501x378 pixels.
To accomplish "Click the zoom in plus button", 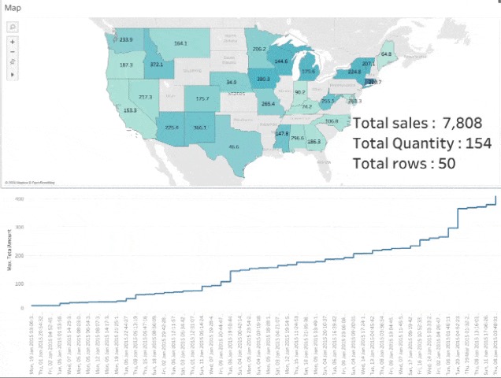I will click(x=13, y=41).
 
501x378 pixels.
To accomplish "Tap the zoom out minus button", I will click(x=13, y=50).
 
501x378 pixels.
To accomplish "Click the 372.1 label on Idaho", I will click(x=157, y=64).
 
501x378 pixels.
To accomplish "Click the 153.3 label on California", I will click(x=131, y=110).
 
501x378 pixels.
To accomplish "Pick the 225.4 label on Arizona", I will click(x=172, y=128).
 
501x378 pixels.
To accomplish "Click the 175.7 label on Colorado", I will click(x=202, y=98).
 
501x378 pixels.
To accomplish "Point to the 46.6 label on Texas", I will click(x=234, y=146).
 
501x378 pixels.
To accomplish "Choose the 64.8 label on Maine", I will click(x=387, y=54).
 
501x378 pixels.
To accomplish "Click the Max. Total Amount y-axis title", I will click(x=10, y=256).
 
